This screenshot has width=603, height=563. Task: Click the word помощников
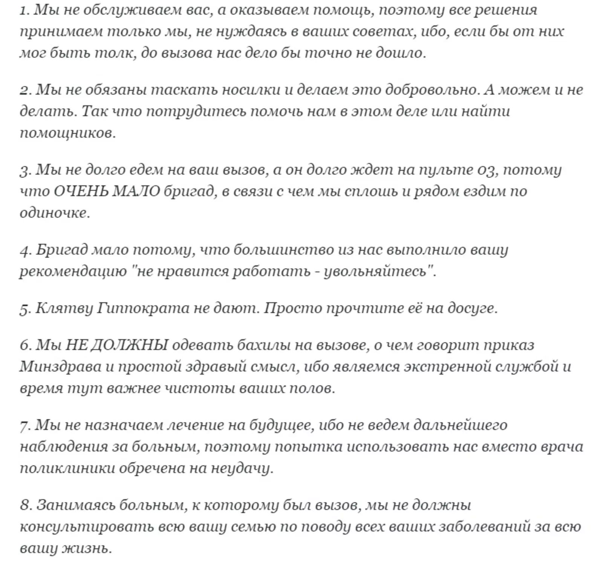(x=67, y=133)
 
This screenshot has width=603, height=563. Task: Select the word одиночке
(x=55, y=213)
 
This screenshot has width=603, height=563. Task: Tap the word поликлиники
(x=67, y=468)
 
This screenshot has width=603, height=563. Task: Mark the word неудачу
(x=241, y=468)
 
